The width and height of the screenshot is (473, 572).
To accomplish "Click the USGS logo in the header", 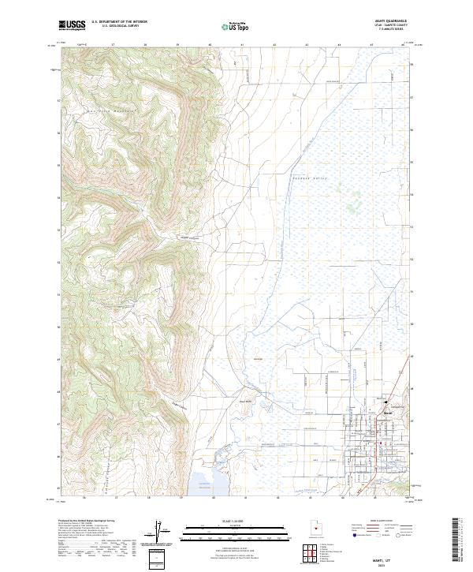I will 73,26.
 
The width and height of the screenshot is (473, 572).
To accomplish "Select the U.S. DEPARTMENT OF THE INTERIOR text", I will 118,22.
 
